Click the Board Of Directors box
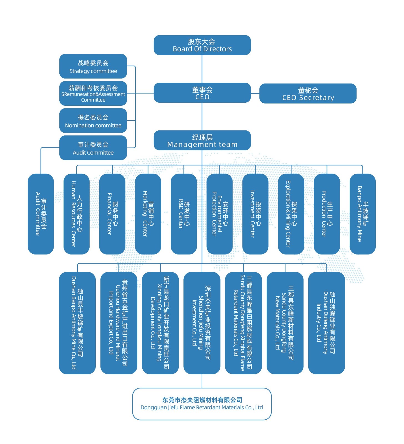(202, 45)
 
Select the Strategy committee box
(93, 66)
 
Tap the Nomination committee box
(93, 121)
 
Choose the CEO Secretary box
(308, 94)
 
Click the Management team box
(202, 140)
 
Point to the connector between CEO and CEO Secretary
(255, 94)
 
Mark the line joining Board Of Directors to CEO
(202, 69)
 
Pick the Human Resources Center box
(77, 214)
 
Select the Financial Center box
(112, 214)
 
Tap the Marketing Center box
(148, 214)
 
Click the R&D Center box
(184, 214)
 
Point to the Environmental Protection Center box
(219, 214)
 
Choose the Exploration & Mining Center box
(291, 214)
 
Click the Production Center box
(327, 214)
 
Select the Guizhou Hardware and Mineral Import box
(119, 323)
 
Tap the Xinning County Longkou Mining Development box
(160, 323)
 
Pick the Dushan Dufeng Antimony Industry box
(327, 323)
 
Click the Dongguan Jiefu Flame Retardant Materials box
(202, 404)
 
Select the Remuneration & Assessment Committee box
(93, 94)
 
